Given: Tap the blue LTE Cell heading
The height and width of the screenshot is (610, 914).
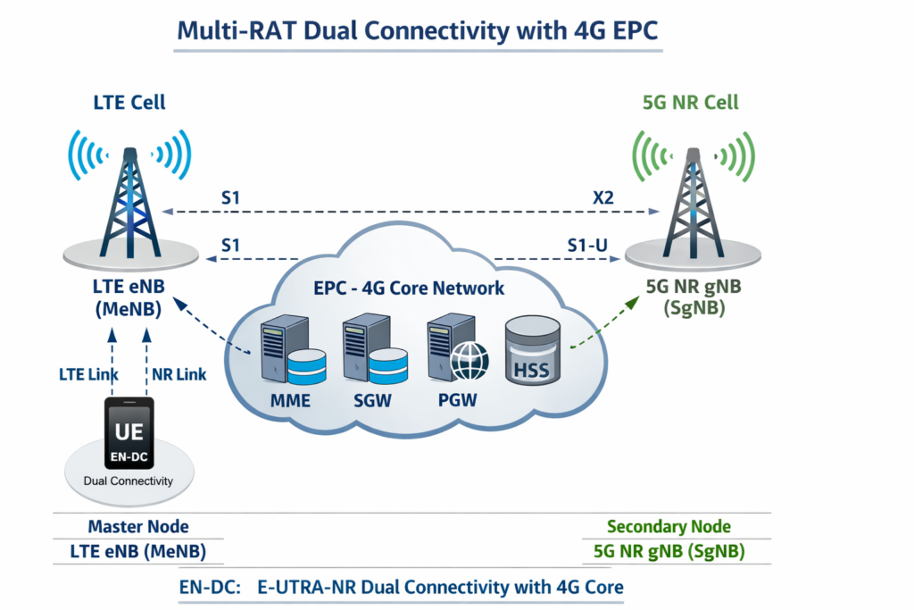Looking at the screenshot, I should click(129, 103).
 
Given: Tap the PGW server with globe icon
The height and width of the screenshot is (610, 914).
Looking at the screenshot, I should click(457, 350).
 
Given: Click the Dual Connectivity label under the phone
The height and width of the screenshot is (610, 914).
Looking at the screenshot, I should click(129, 481).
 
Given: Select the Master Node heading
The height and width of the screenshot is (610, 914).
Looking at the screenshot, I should click(137, 527).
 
